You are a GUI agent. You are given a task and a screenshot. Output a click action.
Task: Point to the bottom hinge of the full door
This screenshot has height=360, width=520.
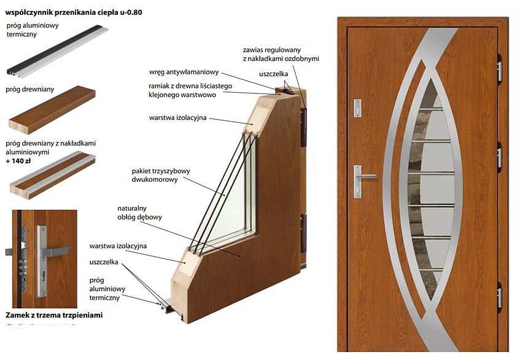coord(499,297)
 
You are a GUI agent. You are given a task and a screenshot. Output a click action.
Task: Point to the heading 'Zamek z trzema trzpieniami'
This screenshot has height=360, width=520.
coord(53,315)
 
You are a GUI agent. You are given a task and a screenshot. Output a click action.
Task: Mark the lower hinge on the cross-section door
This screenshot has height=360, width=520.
coord(303,233)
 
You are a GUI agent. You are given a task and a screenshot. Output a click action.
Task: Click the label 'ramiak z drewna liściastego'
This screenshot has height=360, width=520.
coord(190,86)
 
